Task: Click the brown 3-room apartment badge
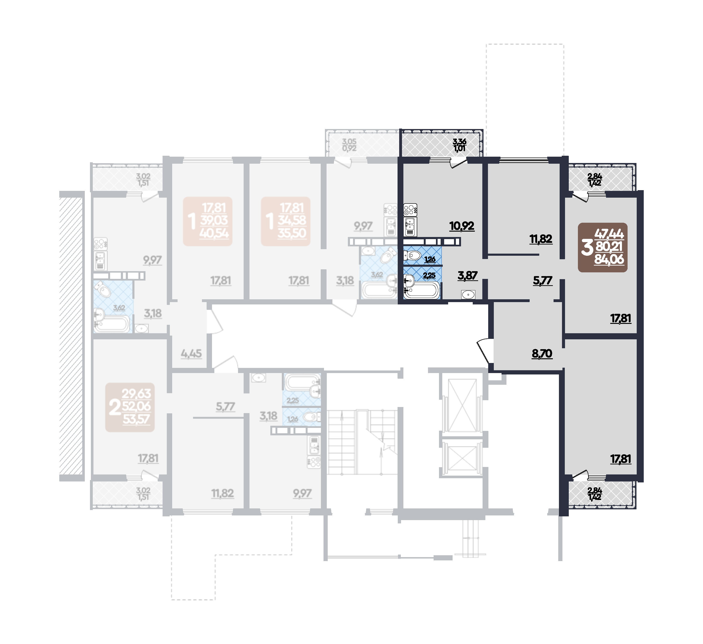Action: click(x=603, y=248)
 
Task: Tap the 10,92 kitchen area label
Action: click(x=462, y=226)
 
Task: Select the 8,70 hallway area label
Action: click(x=542, y=354)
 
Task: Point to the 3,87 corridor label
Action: click(x=467, y=275)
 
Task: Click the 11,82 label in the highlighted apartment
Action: click(x=541, y=239)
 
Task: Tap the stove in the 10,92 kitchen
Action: click(x=410, y=210)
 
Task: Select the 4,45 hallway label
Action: click(x=191, y=354)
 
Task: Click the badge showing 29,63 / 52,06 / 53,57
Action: click(x=130, y=407)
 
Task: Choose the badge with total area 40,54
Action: click(x=208, y=221)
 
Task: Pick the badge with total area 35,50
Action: click(x=286, y=221)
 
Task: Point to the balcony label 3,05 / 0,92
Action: click(x=349, y=145)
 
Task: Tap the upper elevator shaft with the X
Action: click(x=462, y=406)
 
